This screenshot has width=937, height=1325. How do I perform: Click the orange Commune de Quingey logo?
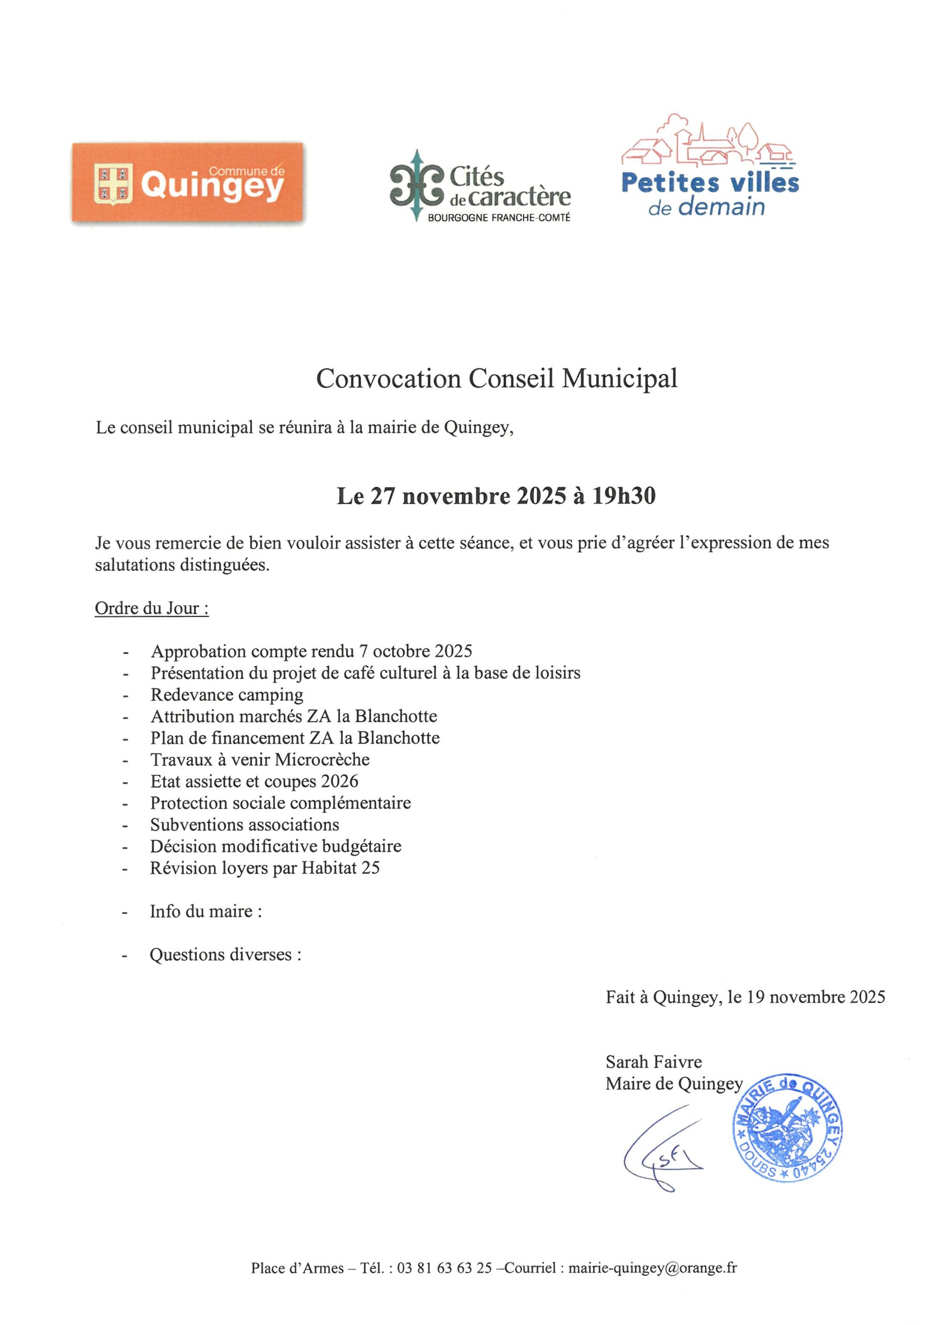click(188, 183)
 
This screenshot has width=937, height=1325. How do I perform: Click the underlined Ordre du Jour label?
click(151, 608)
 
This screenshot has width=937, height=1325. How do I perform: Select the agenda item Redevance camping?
click(227, 695)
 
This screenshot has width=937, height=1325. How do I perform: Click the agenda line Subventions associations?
click(245, 825)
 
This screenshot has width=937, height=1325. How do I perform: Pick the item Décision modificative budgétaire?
click(275, 847)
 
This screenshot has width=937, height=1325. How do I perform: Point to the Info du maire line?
click(206, 911)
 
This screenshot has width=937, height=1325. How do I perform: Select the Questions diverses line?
click(225, 954)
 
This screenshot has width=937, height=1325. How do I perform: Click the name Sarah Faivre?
click(653, 1062)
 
